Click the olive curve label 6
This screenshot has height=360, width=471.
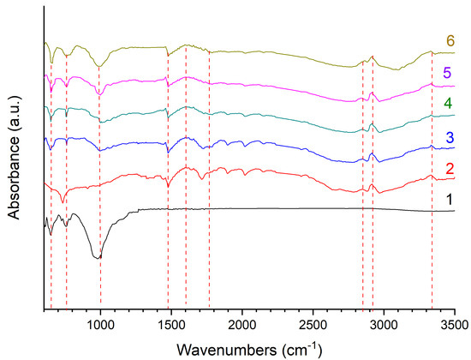click(x=450, y=41)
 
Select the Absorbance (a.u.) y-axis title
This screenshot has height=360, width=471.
click(x=15, y=154)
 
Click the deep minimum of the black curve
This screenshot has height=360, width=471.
click(x=98, y=257)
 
